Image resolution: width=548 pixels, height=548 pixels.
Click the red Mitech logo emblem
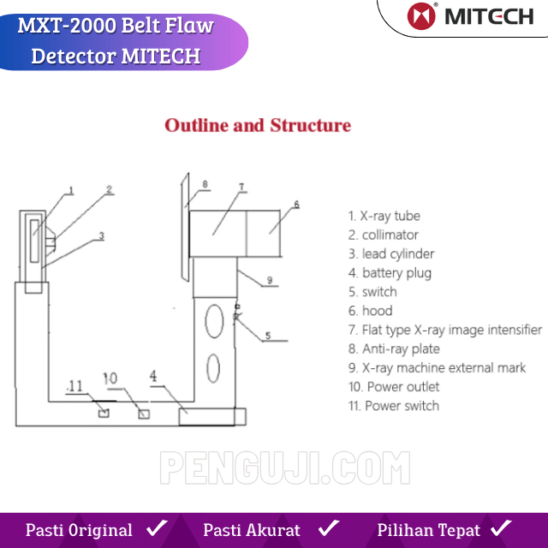[x=421, y=16]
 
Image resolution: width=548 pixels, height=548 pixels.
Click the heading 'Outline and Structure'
[x=258, y=126]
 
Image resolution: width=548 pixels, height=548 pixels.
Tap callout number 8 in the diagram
[x=205, y=184]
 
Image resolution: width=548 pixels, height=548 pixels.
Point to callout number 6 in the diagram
[x=296, y=205]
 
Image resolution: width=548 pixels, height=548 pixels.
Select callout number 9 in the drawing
[x=270, y=280]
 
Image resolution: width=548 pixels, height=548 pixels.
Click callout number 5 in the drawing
[x=268, y=336]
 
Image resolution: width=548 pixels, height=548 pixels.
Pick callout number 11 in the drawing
[x=75, y=386]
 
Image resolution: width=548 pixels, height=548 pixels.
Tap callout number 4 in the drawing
[x=153, y=377]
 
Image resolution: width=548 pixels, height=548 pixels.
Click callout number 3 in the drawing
[x=101, y=236]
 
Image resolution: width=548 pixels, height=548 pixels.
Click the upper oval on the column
[x=214, y=321]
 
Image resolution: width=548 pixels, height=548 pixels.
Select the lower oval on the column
[x=213, y=368]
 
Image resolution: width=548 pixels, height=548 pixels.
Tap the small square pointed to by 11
[x=104, y=413]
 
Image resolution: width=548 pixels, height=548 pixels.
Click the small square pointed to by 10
[x=144, y=414]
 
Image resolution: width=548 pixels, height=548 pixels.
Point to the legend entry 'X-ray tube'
[x=384, y=216]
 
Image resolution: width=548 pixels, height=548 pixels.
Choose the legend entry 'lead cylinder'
[x=391, y=254]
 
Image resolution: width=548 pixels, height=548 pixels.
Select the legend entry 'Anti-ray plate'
[x=394, y=349]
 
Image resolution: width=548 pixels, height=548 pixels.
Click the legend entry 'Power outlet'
[x=394, y=387]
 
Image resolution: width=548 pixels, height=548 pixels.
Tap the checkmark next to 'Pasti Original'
[x=157, y=528]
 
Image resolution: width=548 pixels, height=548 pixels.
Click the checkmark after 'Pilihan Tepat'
[x=501, y=528]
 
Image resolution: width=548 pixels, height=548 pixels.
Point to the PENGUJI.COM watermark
[x=285, y=468]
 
